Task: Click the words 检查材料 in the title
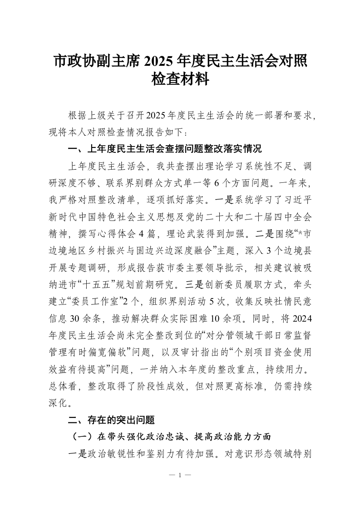point(180,80)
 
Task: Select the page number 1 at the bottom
point(180,475)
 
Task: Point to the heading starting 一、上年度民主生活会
point(165,149)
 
